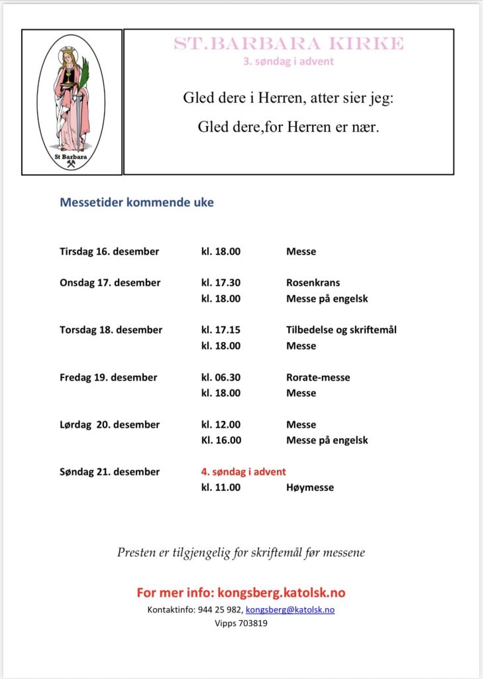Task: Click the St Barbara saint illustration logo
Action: click(72, 102)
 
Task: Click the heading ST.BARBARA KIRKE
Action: click(288, 44)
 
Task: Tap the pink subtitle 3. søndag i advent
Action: click(288, 62)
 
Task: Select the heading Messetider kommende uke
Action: click(137, 202)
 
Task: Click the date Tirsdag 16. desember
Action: click(109, 251)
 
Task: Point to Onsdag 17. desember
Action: click(110, 282)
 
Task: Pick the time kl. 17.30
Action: click(221, 282)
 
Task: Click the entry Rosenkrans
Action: click(313, 282)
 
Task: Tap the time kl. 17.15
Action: click(221, 330)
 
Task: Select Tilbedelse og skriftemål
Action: click(341, 330)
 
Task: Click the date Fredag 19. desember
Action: click(109, 377)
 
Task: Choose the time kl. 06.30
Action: click(221, 377)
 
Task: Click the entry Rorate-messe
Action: click(318, 377)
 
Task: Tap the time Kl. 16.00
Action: click(221, 440)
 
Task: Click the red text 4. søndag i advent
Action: click(244, 471)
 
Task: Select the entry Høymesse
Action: click(310, 487)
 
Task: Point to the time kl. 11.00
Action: click(221, 487)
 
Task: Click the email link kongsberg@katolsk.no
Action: click(290, 609)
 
